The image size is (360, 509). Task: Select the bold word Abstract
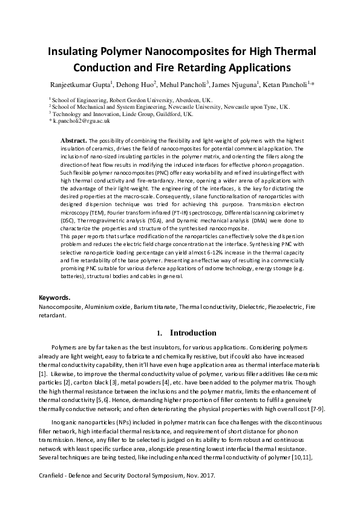click(x=74, y=140)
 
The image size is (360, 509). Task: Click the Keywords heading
click(x=54, y=297)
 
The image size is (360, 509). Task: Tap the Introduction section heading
click(x=193, y=332)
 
